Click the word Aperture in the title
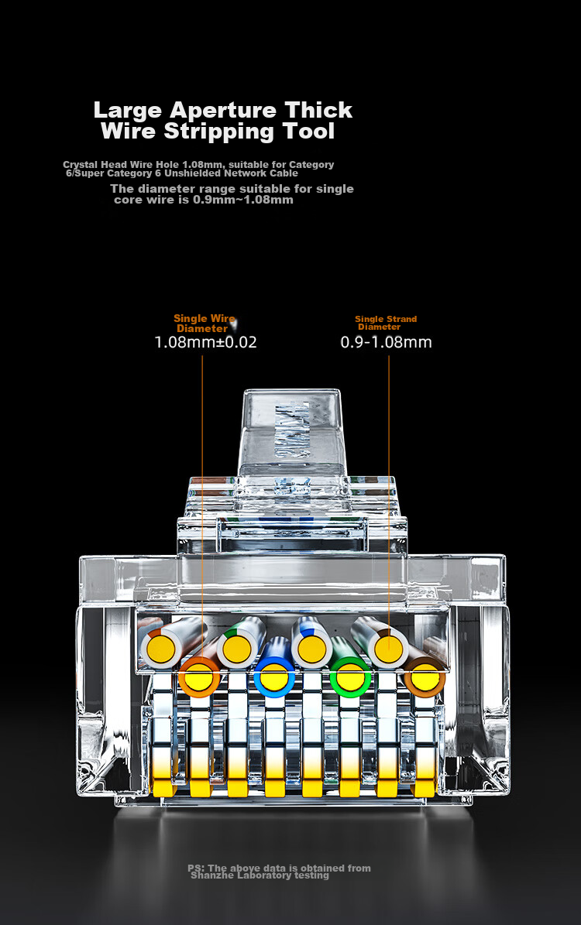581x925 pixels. point(222,111)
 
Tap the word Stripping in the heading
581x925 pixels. point(219,132)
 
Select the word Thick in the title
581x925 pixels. point(318,110)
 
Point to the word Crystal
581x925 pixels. point(81,165)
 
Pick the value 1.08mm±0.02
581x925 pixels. point(205,342)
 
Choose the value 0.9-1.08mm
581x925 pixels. point(386,342)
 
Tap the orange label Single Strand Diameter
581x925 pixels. point(386,323)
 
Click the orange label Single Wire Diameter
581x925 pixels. point(205,324)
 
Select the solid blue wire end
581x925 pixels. point(274,676)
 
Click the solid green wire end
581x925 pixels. point(350,676)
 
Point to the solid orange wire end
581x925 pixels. point(199,676)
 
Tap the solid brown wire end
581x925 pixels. point(425,676)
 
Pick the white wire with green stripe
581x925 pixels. point(237,649)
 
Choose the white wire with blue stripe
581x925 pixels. point(311,648)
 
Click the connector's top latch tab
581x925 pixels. point(292,432)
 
